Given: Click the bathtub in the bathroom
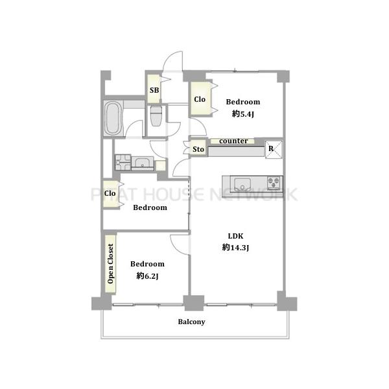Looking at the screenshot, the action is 113,119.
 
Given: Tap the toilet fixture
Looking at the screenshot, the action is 156,116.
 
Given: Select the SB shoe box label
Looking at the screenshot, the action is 154,90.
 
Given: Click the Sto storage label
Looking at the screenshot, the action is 198,149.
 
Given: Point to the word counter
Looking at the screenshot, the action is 233,141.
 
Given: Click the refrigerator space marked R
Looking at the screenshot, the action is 274,149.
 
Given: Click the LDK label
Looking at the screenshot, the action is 235,236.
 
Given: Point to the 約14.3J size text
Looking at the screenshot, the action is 235,248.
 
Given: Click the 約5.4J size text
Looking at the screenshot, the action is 243,114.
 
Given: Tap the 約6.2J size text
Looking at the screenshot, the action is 147,276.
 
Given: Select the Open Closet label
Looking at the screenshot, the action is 110,263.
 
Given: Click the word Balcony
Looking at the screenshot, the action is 191,322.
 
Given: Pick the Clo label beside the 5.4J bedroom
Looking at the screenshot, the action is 200,99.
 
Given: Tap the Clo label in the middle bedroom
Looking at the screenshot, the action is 110,193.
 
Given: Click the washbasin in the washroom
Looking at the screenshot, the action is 142,163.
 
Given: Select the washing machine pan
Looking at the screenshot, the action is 123,162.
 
